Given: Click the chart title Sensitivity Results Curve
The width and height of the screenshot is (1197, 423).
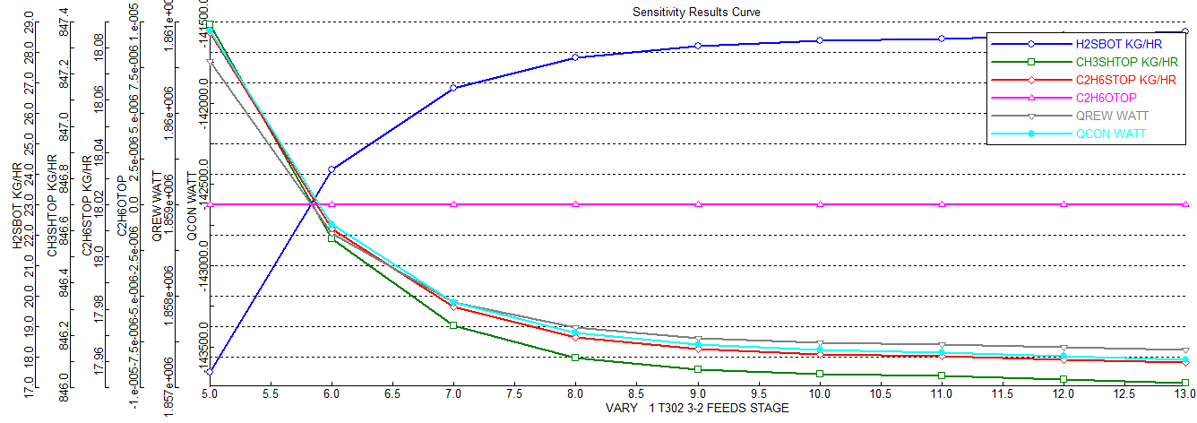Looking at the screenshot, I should (x=696, y=12).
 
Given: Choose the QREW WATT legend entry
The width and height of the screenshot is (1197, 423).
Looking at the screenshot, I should (x=1112, y=116).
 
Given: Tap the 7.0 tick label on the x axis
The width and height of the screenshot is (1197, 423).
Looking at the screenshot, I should (x=453, y=394).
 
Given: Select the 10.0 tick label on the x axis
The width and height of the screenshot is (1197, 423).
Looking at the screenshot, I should (x=819, y=394).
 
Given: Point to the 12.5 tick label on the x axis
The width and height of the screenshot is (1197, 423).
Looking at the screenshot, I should (x=1124, y=394).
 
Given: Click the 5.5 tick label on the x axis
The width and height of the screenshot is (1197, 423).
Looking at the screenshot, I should (x=271, y=394).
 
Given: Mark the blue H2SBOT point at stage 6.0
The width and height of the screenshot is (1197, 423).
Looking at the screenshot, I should (x=332, y=169).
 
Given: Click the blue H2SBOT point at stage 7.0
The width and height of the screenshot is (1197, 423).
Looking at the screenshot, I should (x=453, y=88).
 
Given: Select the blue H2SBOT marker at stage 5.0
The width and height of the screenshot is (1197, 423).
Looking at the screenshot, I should (x=210, y=371).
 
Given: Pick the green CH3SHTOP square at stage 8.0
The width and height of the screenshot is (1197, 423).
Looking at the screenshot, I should (x=575, y=358).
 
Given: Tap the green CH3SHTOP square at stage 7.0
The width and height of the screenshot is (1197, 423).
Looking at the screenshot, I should (x=453, y=325).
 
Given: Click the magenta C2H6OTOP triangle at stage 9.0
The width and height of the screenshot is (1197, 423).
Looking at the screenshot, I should (x=697, y=204).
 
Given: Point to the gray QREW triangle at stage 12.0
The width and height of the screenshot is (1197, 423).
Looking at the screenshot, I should (x=1064, y=348).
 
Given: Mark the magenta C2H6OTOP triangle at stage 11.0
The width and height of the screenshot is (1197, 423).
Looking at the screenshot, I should (x=942, y=204).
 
